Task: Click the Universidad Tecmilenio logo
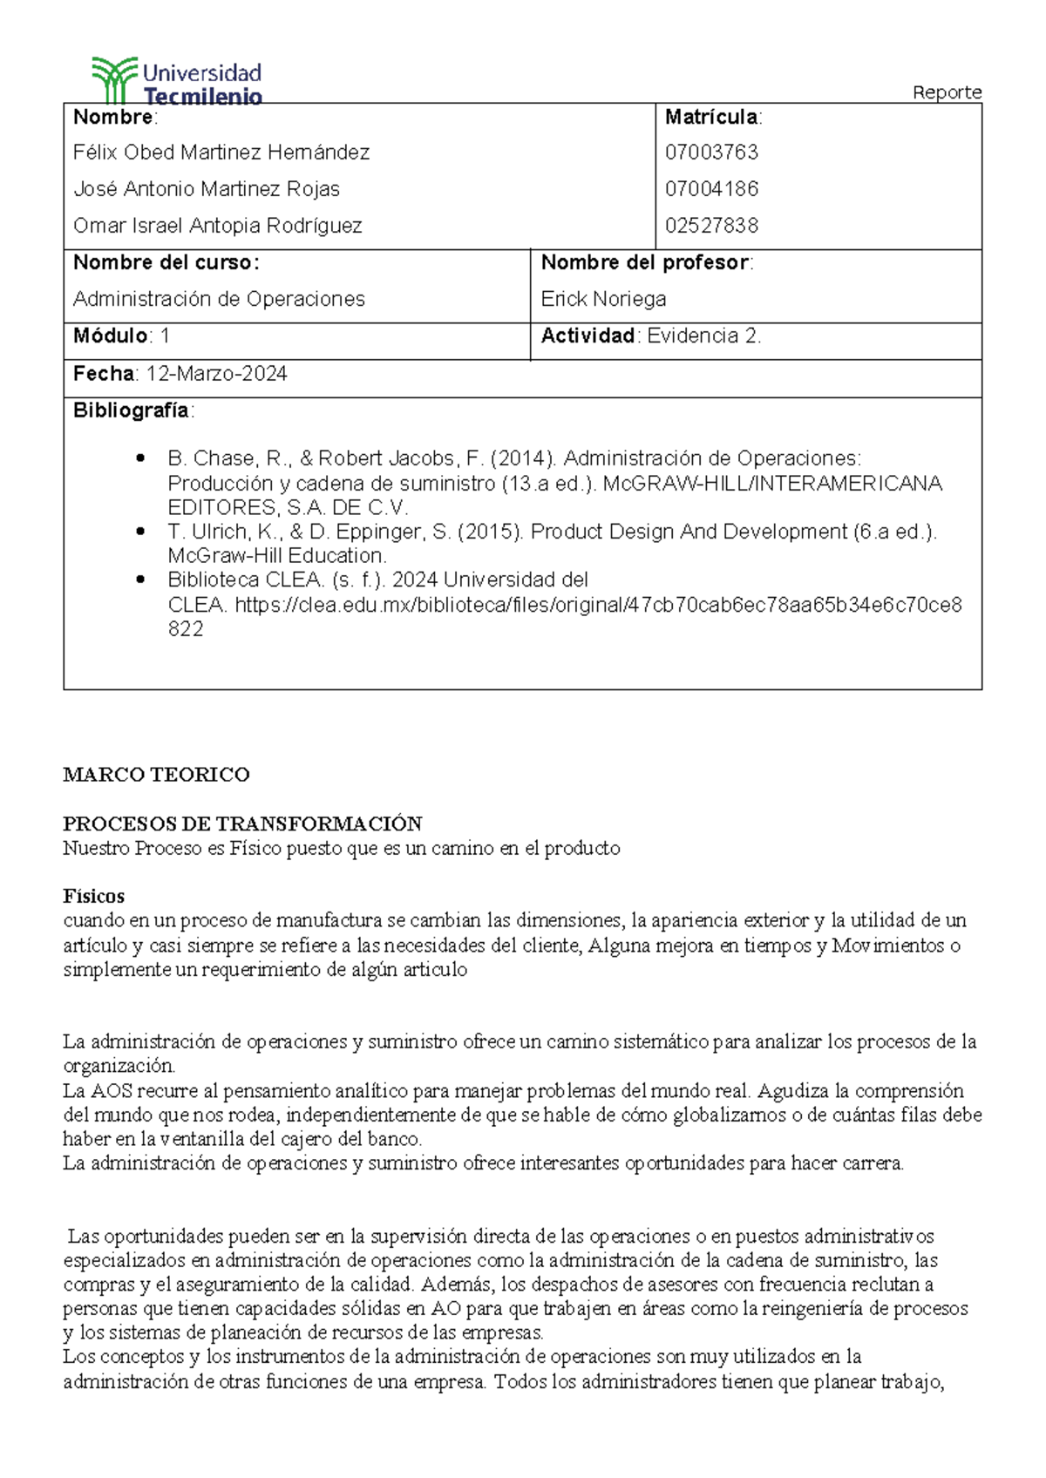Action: pyautogui.click(x=177, y=81)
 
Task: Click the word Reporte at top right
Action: pyautogui.click(x=947, y=92)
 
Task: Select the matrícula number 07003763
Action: pyautogui.click(x=711, y=153)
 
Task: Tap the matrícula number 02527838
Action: pyautogui.click(x=711, y=226)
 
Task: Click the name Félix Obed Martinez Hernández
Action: pyautogui.click(x=221, y=153)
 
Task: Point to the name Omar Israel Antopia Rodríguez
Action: pyautogui.click(x=218, y=226)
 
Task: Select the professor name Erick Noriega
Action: pyautogui.click(x=603, y=299)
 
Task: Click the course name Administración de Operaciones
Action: pyautogui.click(x=219, y=299)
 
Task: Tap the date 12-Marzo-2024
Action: pyautogui.click(x=216, y=374)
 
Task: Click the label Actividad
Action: pyautogui.click(x=588, y=336)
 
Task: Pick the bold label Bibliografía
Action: pyautogui.click(x=131, y=410)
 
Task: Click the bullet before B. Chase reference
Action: pyautogui.click(x=140, y=458)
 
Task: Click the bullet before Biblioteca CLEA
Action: pyautogui.click(x=140, y=580)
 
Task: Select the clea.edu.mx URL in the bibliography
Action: pyautogui.click(x=598, y=605)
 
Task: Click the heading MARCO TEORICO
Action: pyautogui.click(x=156, y=775)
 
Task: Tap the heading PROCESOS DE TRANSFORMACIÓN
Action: pyautogui.click(x=242, y=824)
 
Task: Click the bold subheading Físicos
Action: pyautogui.click(x=93, y=896)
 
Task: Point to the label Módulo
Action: pyautogui.click(x=111, y=336)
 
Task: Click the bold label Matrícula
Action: pyautogui.click(x=710, y=117)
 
